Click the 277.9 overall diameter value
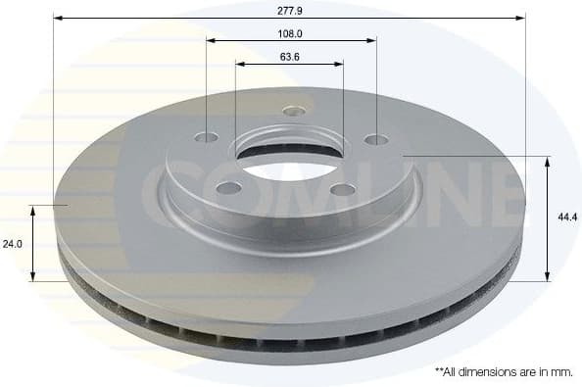(x=290, y=9)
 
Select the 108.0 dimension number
(x=290, y=32)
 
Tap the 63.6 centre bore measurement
(x=290, y=56)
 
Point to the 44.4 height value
(x=563, y=218)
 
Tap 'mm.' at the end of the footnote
(x=560, y=372)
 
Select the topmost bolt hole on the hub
(x=292, y=110)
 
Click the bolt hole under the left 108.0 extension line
(x=207, y=137)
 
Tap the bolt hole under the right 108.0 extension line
(x=376, y=139)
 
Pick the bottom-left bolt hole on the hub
(x=228, y=187)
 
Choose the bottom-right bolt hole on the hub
(x=343, y=189)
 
